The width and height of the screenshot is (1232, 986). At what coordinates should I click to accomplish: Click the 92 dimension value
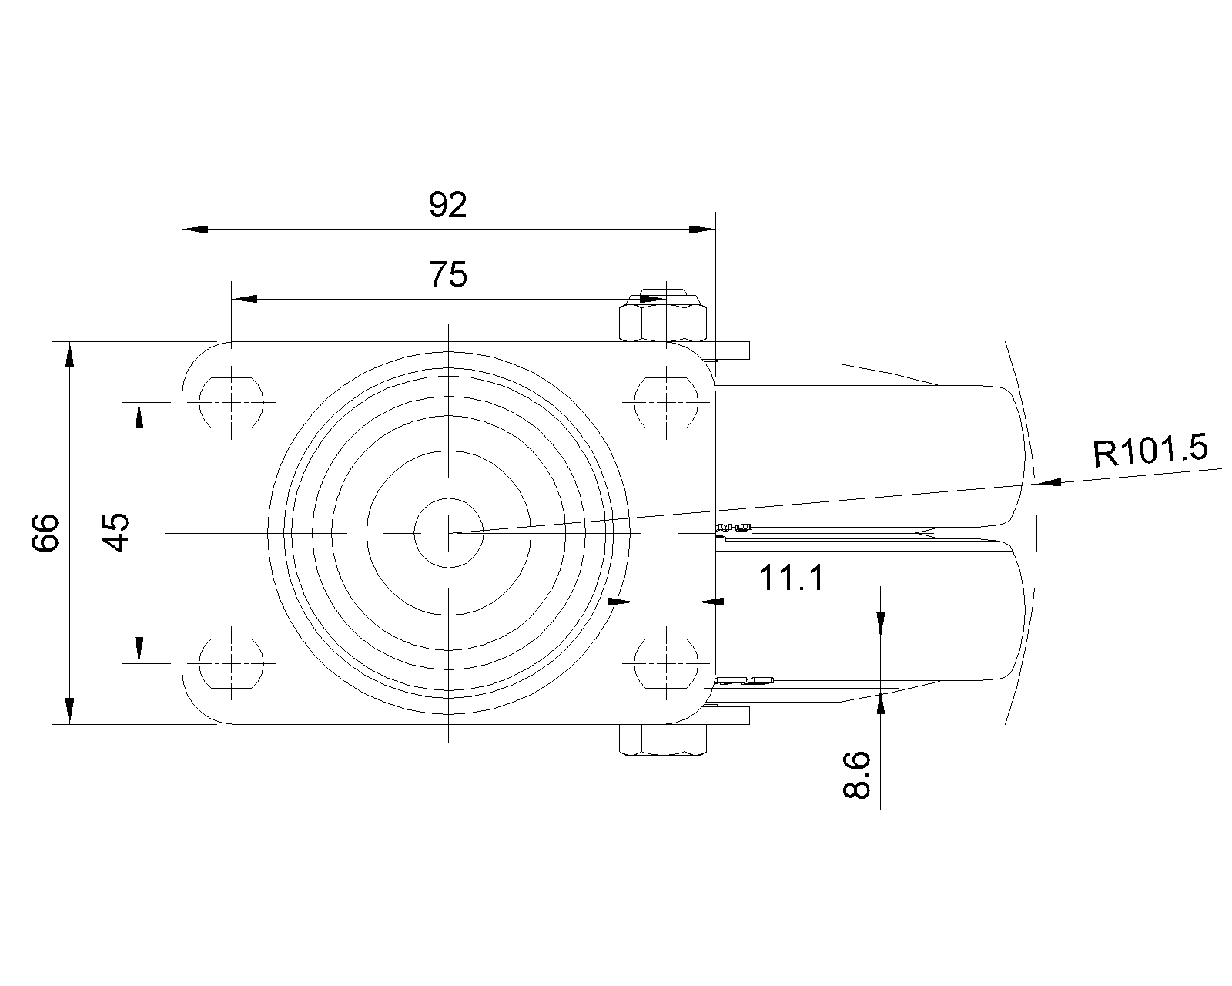tap(447, 206)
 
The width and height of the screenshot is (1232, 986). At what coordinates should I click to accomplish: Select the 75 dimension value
tap(447, 274)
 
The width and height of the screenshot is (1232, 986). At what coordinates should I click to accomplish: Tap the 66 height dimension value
tap(46, 532)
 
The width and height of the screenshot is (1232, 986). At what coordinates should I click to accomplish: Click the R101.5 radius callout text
tap(1150, 452)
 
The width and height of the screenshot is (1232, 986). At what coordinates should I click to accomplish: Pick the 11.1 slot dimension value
tap(792, 578)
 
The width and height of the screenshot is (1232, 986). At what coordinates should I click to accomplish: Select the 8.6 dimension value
tap(857, 774)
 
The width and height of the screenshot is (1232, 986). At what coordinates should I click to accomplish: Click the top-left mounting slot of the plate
tap(231, 401)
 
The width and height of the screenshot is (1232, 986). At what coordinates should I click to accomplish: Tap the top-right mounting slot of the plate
tap(666, 401)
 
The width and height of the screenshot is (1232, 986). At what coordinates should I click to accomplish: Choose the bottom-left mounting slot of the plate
tap(231, 662)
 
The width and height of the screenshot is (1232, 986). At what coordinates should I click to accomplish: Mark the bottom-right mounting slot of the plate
tap(666, 662)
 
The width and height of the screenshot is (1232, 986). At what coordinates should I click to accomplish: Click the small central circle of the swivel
tap(448, 532)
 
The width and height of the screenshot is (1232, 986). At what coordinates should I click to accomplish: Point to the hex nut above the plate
tap(664, 321)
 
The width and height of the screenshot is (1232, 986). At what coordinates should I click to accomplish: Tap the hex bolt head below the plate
tap(664, 740)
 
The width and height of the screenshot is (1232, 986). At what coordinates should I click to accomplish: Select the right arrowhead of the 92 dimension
tap(702, 230)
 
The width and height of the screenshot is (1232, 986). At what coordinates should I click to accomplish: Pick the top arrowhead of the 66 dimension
tap(69, 354)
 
